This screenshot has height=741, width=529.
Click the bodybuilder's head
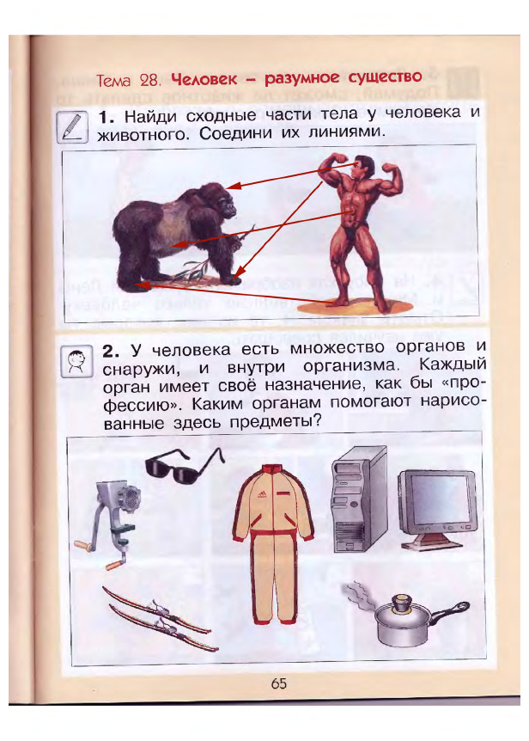[x=362, y=167]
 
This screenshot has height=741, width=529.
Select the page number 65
[x=278, y=683]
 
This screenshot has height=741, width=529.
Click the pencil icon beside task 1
[x=72, y=126]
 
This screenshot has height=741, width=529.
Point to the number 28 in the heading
[x=150, y=80]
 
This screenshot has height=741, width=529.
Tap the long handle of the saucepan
[x=449, y=610]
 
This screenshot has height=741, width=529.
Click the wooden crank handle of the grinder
[x=85, y=547]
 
